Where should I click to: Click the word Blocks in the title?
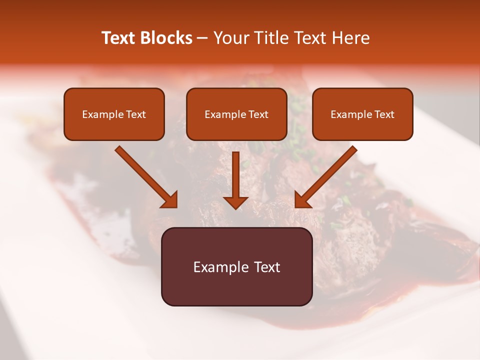pos(166,38)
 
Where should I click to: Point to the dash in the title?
pos(202,38)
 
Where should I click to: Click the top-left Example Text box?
pos(114,114)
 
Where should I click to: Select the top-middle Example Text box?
pos(236,114)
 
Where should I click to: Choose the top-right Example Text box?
pos(362,114)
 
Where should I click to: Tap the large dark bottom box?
pos(236,266)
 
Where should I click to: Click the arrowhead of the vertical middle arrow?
pos(236,202)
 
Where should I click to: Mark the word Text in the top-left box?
pos(136,114)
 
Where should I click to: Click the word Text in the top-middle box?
pos(258,114)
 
